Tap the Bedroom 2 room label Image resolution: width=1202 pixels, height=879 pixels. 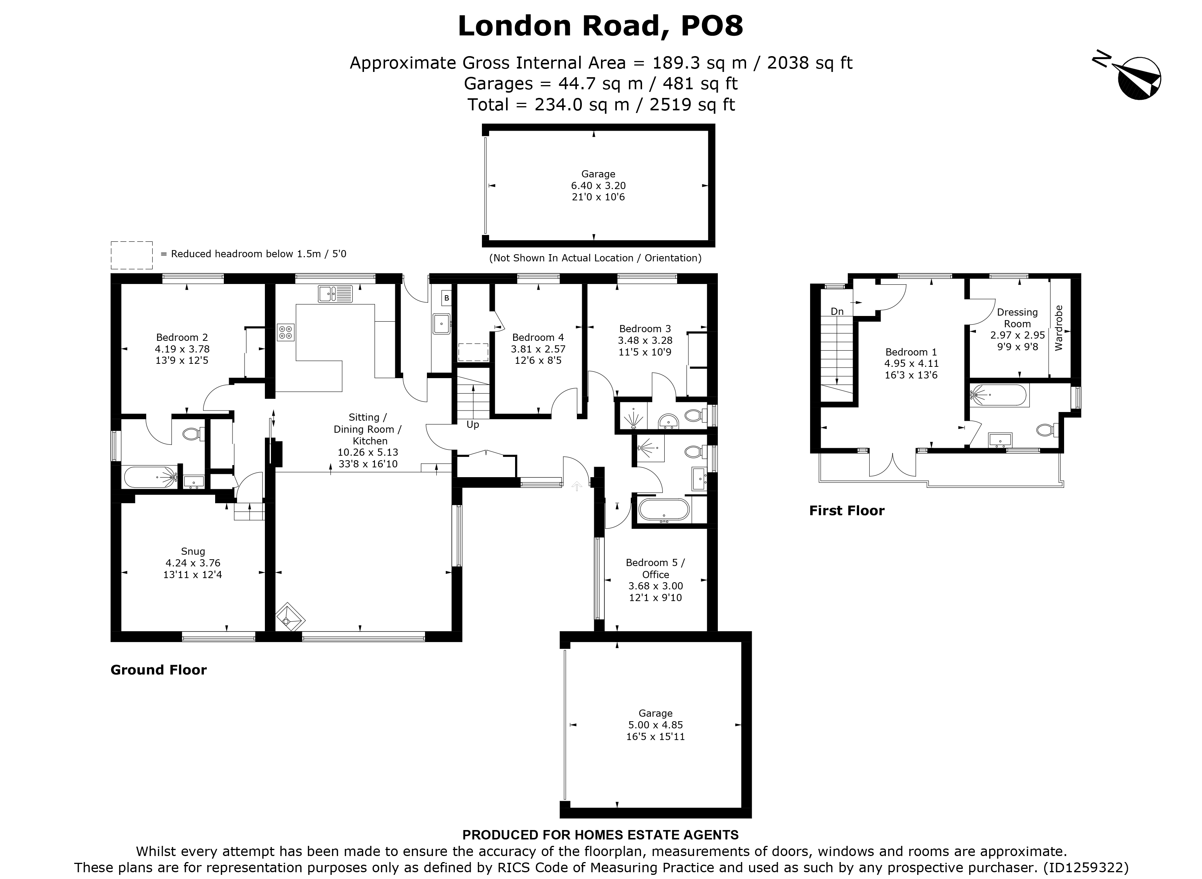point(182,337)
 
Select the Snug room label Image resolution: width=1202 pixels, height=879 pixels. point(192,551)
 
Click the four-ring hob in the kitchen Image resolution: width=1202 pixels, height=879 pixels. point(285,332)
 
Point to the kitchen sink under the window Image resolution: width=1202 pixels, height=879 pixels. point(335,293)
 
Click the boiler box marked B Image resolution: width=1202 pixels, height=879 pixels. point(446,298)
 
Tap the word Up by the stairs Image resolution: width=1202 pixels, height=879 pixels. point(472,424)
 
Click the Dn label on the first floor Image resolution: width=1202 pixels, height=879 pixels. point(837,311)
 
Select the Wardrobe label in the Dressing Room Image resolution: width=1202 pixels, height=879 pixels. point(1058,327)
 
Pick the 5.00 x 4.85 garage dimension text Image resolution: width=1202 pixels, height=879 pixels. point(655,725)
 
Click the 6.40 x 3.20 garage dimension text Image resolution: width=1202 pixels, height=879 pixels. point(598,186)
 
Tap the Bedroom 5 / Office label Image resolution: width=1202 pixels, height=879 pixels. point(655,568)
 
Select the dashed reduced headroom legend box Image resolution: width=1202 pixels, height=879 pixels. point(132,255)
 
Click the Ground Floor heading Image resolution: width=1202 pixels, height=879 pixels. point(158,670)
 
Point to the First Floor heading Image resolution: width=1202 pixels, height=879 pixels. point(846,511)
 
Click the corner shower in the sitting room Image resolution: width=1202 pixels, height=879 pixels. point(290,618)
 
